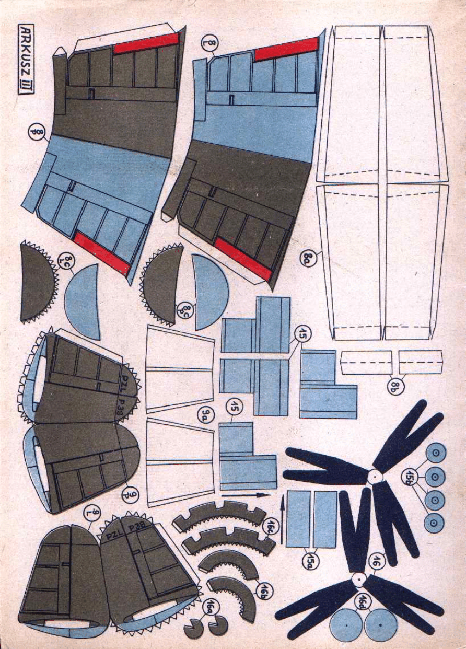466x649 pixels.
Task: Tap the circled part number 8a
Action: click(309, 257)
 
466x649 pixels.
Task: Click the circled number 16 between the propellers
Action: click(375, 561)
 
